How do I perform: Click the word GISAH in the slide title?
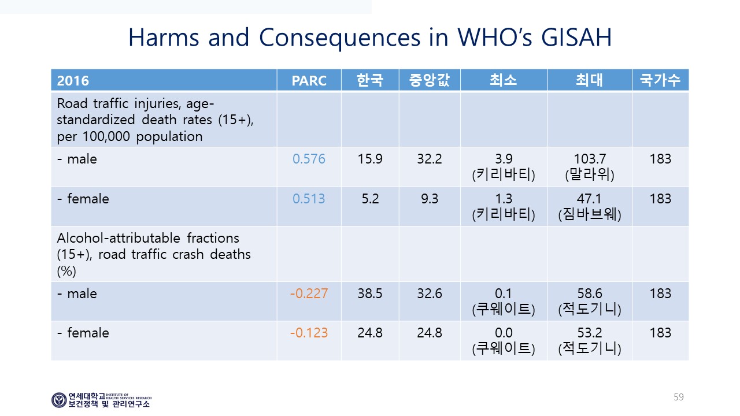point(576,38)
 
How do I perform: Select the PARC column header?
point(309,80)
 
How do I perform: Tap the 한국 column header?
point(370,80)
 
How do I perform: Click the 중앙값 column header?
point(430,80)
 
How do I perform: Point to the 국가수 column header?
point(660,80)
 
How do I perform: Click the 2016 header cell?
point(73,80)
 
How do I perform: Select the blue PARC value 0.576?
point(309,159)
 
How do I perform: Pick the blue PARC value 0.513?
point(309,199)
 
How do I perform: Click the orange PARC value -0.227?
point(309,294)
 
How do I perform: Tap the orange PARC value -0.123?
point(309,333)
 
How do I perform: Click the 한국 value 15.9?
point(370,159)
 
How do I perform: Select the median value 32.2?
point(430,159)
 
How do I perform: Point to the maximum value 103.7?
point(590,159)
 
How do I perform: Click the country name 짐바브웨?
point(590,214)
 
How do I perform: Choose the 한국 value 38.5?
point(370,294)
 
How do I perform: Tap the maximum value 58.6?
point(590,294)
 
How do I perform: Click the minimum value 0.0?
point(504,333)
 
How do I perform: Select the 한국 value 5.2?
point(370,199)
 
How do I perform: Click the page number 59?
point(679,397)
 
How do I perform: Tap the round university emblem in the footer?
point(59,400)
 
